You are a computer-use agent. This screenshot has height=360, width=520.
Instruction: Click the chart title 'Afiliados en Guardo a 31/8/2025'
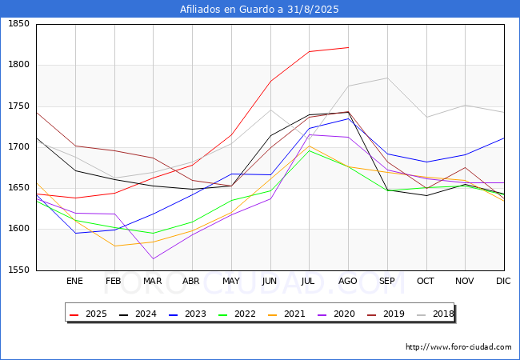259,9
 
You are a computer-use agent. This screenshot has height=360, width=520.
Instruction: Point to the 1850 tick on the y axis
19,24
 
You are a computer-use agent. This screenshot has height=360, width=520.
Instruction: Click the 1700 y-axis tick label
19,147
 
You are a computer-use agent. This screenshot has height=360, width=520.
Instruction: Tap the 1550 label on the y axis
19,270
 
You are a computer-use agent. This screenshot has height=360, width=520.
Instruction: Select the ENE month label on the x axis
74,282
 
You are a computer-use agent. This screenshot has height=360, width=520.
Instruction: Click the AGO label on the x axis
348,282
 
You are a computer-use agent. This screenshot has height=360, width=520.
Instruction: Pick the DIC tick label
503,282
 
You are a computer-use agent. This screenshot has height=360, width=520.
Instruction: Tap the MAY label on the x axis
231,282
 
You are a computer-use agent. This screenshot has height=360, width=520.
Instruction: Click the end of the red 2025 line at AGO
348,47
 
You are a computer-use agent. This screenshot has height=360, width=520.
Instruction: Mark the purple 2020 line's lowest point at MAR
153,258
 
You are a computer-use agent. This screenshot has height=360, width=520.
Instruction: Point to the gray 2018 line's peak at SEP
387,78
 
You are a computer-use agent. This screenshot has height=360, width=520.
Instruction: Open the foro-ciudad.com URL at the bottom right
458,347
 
